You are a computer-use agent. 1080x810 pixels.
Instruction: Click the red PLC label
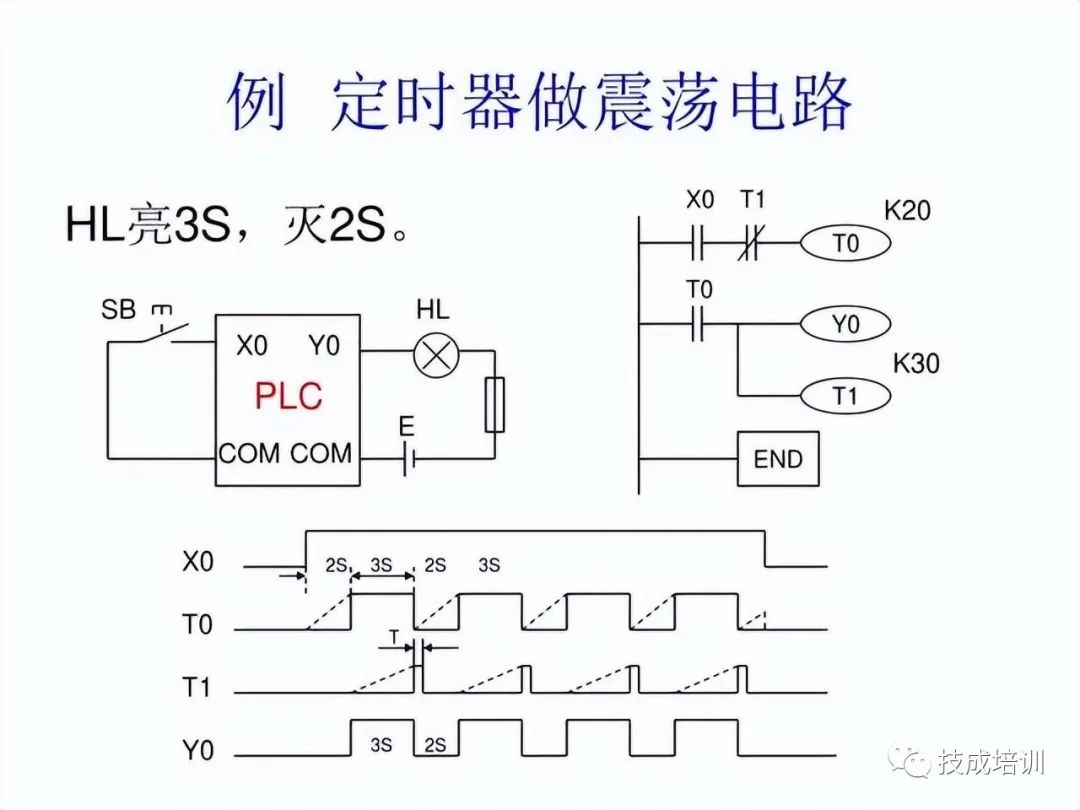coord(288,396)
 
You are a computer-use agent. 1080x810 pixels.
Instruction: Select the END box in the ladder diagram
coord(778,459)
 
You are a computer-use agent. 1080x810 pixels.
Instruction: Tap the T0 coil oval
coord(845,243)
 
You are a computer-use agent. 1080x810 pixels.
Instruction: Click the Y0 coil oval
coord(845,324)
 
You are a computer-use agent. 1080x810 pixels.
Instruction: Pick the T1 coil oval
coord(845,396)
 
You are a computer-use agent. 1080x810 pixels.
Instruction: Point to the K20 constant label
coord(907,211)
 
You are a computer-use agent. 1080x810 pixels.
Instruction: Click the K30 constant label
coord(915,363)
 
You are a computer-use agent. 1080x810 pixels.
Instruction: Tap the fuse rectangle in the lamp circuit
coord(494,405)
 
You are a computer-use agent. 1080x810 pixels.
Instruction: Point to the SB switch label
coord(118,309)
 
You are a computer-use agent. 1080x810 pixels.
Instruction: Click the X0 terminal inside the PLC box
coord(252,346)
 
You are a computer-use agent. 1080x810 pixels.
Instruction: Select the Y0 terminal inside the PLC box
coord(324,346)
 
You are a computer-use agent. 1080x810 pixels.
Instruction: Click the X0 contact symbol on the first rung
coord(699,243)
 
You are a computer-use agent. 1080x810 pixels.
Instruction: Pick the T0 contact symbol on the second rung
coord(699,324)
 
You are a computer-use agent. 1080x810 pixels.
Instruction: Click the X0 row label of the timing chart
coord(198,561)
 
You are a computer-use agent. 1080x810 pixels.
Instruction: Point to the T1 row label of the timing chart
coord(198,687)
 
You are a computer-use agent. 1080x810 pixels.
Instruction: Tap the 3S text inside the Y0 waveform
coord(381,745)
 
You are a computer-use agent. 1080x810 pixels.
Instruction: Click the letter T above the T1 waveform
coord(394,636)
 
